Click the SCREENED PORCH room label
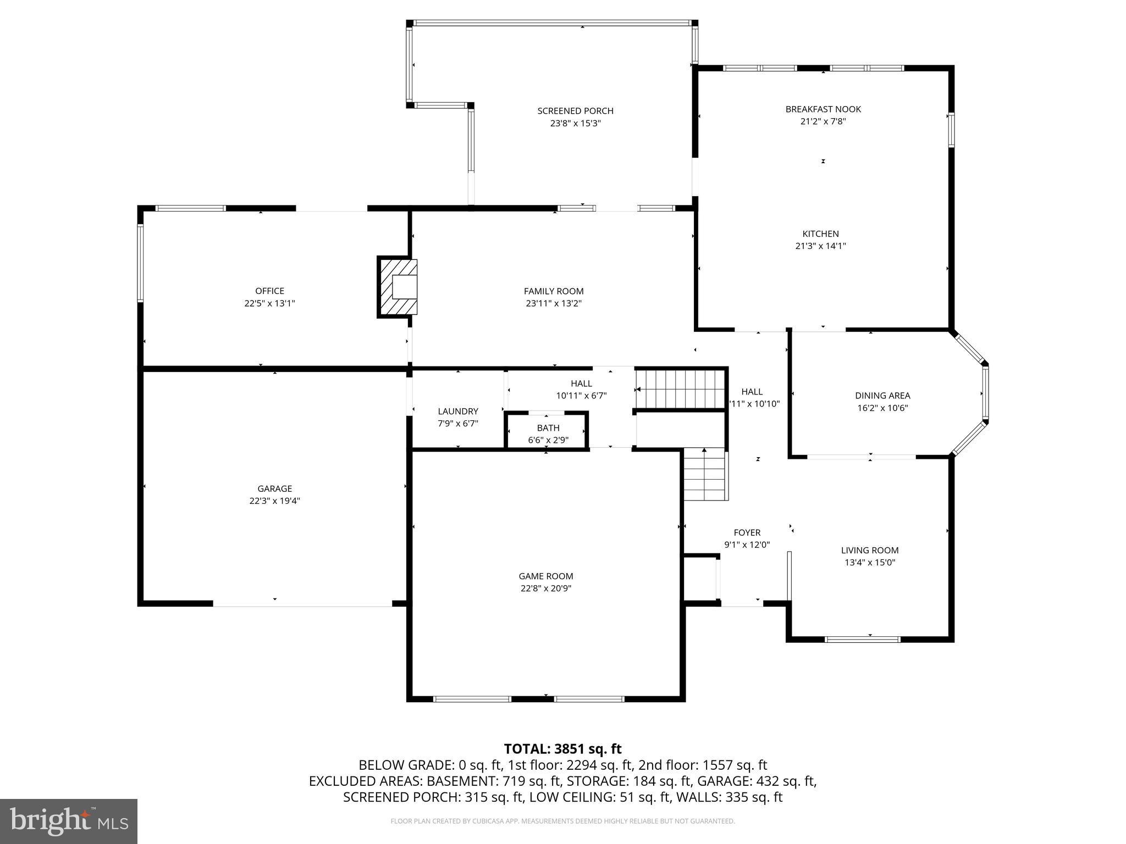[575, 111]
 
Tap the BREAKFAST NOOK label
[823, 109]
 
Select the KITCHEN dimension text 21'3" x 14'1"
[820, 246]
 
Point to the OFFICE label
[269, 291]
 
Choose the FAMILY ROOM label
[553, 291]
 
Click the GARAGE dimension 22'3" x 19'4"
[274, 501]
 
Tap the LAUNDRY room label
[457, 411]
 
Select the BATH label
[548, 427]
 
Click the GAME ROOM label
[545, 576]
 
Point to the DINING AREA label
[882, 395]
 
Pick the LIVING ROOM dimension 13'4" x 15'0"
[870, 562]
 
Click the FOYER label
[747, 532]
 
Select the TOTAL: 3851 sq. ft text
[562, 748]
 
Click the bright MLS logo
[69, 821]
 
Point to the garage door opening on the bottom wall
[302, 603]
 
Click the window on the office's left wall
[140, 263]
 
